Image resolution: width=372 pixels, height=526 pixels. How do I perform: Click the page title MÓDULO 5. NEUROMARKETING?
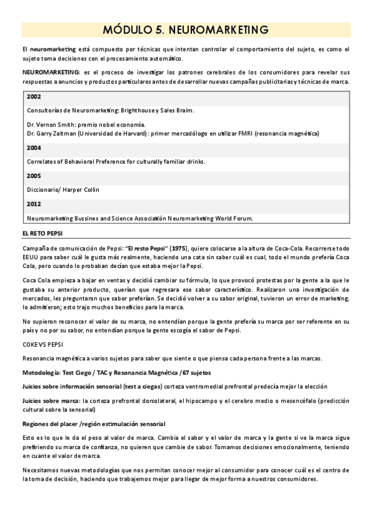tap(186, 29)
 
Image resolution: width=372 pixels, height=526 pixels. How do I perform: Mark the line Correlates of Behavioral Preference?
tap(116, 161)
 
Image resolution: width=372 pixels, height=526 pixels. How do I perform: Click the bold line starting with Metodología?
tap(117, 372)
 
